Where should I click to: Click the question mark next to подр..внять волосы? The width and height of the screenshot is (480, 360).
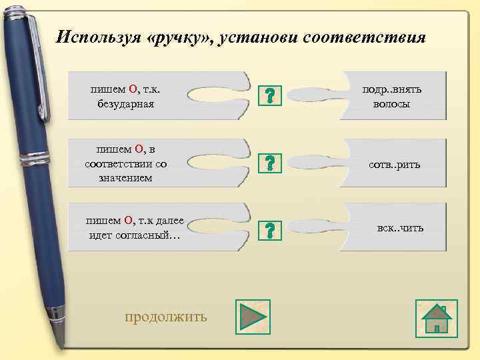click(269, 95)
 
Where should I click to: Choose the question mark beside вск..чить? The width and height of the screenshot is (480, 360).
click(269, 230)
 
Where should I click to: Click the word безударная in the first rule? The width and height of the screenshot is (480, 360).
click(125, 104)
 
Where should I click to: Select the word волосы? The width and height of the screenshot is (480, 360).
click(392, 104)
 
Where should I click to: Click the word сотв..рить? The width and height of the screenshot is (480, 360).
click(395, 164)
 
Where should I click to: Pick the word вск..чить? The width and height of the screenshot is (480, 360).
click(400, 228)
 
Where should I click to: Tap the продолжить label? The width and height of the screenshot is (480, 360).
click(166, 316)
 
